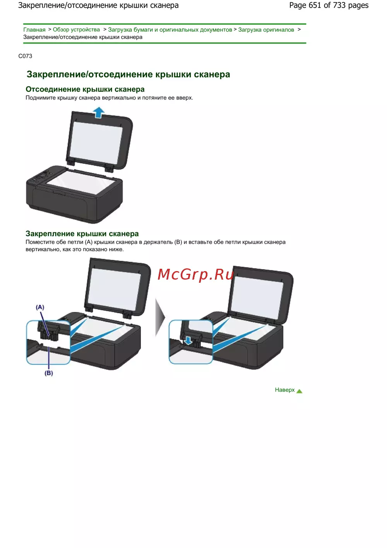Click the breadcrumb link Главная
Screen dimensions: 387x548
(x=34, y=30)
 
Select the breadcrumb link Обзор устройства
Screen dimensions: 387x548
(x=76, y=30)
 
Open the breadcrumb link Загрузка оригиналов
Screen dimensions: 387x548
(x=266, y=30)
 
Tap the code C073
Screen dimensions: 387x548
(x=25, y=56)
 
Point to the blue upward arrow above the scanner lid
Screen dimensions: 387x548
(x=99, y=113)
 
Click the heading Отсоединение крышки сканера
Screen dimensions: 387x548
(x=85, y=89)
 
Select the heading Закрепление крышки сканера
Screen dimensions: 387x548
(x=82, y=234)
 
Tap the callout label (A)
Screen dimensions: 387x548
(x=40, y=307)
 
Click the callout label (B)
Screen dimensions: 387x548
(x=49, y=373)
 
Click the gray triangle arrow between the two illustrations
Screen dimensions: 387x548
(x=160, y=317)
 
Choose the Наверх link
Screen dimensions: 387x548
(x=284, y=390)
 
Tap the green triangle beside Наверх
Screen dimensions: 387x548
(x=299, y=391)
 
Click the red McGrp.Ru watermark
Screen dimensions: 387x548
(x=195, y=275)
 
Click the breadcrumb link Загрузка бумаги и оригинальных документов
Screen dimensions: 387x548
(x=170, y=30)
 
